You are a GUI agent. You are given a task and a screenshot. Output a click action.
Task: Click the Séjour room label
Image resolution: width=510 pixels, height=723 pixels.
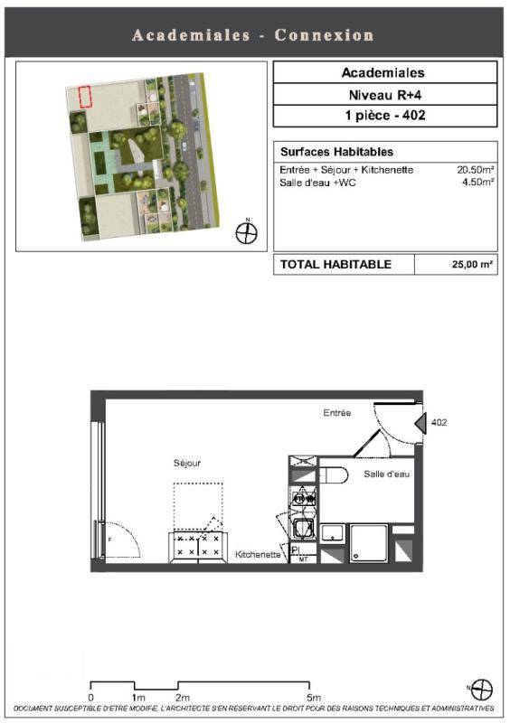187,463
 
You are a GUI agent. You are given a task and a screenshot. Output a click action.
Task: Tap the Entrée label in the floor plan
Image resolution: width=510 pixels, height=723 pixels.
337,413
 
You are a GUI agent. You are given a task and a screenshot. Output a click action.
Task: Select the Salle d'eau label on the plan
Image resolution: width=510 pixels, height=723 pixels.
386,474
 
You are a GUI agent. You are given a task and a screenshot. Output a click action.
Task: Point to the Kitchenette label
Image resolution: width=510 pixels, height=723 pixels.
258,554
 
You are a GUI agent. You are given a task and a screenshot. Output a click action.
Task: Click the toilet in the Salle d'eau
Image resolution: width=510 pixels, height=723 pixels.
334,474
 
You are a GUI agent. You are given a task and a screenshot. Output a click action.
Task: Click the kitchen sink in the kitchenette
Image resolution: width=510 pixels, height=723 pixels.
304,529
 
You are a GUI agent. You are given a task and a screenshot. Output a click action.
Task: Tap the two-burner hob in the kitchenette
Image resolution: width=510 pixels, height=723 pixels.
304,499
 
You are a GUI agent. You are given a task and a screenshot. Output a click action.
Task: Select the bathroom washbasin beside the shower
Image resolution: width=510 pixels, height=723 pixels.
333,533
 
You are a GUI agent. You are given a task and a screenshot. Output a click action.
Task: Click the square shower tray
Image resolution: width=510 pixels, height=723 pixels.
368,543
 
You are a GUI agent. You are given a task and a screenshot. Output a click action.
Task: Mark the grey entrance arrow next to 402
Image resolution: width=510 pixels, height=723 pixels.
420,422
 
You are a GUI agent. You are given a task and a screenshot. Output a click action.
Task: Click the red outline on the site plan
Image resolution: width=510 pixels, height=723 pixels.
85,98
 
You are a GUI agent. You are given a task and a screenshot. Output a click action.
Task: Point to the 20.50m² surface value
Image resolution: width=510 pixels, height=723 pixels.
476,169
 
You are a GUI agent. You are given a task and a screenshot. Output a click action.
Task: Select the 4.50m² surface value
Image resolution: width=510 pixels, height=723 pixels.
478,183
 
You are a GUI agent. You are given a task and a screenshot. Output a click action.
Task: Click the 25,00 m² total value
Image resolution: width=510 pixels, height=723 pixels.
472,264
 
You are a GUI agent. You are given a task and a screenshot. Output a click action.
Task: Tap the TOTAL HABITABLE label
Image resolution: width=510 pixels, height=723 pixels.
335,264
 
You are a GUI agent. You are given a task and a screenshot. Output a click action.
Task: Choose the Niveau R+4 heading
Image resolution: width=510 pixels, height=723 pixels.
385,95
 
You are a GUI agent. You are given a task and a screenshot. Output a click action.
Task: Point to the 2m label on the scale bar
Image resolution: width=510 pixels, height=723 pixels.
183,697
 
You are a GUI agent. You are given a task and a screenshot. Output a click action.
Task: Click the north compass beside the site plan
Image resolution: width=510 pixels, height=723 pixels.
247,232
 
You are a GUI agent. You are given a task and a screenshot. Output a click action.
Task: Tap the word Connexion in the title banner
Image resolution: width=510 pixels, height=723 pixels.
324,35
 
